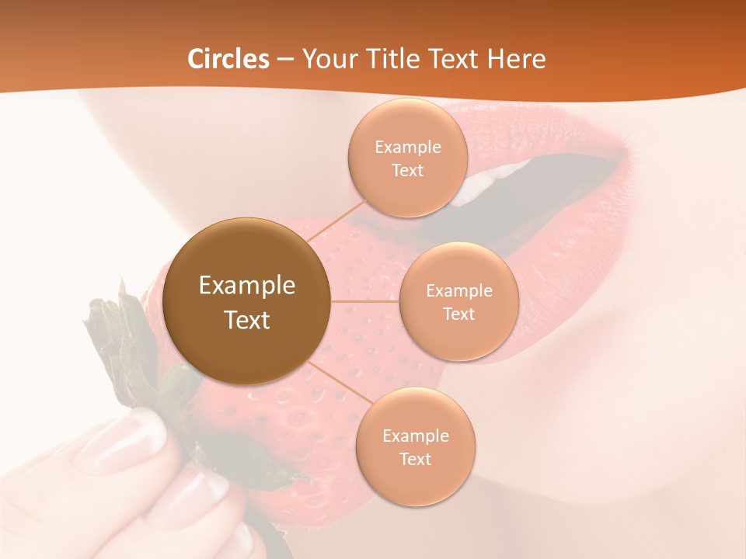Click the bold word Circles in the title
coord(228,59)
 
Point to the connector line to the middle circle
coord(364,301)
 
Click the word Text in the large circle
coord(247,320)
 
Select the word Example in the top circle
coord(408,148)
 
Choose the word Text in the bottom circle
coord(416,459)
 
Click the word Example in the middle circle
coord(459,291)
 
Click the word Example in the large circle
coord(247,286)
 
